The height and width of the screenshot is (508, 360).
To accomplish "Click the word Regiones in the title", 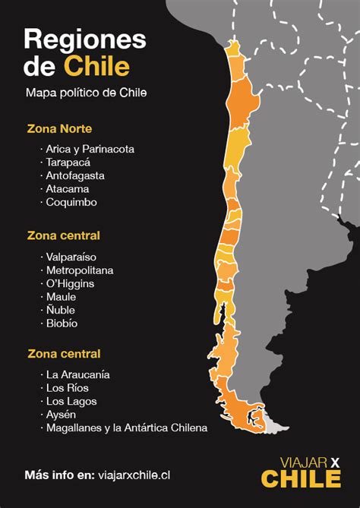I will coord(84,39).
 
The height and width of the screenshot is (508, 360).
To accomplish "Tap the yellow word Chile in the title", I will coord(96,66).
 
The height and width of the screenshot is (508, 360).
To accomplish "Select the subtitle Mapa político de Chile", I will coord(85,93).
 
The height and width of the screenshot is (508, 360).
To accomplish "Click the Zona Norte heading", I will coord(59,128).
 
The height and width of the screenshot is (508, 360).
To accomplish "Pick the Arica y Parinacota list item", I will coord(90,149).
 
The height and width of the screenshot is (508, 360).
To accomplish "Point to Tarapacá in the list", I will coord(68,162).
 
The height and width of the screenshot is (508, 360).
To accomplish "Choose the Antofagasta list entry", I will coord(74,175).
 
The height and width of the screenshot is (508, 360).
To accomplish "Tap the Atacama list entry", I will coord(67,189).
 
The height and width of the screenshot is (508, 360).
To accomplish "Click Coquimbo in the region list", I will coord(71,203).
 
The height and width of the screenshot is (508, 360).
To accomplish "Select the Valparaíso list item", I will coord(71,257).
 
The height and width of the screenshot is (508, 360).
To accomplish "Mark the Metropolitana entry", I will coord(79,270).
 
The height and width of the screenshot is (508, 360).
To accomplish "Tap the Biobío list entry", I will coord(62,323).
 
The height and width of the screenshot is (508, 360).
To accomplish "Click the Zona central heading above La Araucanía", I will coord(64,354).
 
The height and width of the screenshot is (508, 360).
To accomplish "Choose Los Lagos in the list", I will coord(71,401).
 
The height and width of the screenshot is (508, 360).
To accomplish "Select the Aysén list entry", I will coord(62,415).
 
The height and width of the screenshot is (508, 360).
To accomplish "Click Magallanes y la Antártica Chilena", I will coord(126,428).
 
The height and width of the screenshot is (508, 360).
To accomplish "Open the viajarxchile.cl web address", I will coord(134,475).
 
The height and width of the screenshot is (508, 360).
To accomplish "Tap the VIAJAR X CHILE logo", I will coord(301,472).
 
